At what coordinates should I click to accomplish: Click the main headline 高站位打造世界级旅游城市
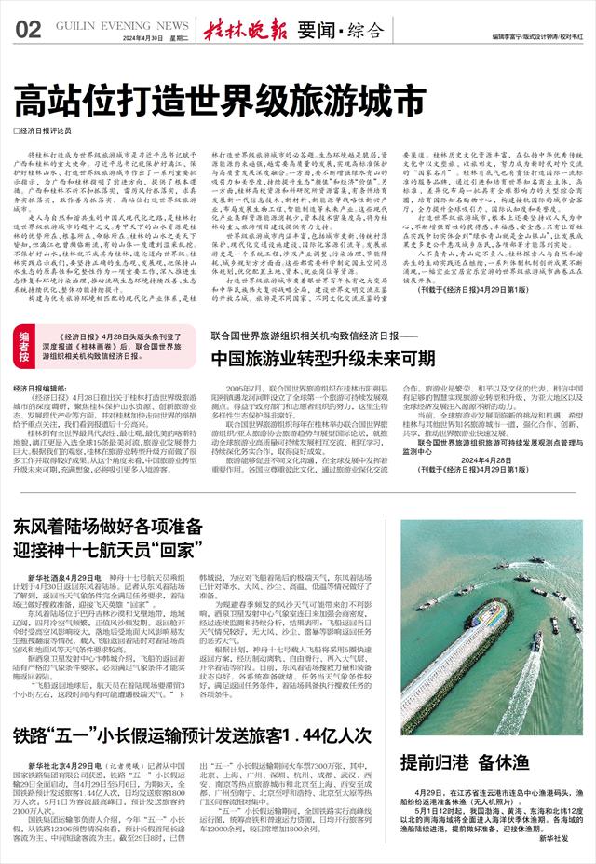(204, 98)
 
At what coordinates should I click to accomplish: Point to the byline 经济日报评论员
(50, 130)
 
